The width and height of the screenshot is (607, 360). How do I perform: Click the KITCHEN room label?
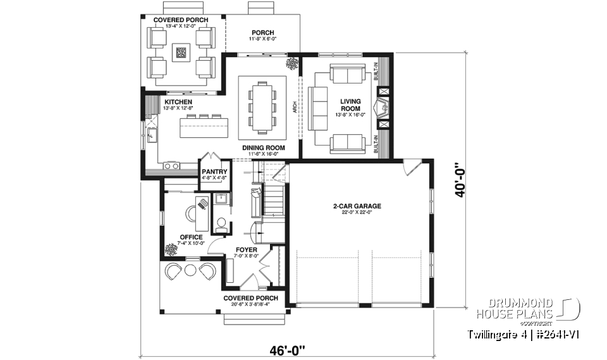(179, 102)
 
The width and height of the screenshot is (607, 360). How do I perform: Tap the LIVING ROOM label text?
(350, 105)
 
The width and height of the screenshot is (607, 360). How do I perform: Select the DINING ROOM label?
(264, 148)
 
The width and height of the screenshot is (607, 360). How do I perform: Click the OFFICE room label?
(191, 237)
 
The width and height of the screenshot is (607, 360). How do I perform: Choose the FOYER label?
(247, 250)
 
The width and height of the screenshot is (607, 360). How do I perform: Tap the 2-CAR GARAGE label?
(358, 206)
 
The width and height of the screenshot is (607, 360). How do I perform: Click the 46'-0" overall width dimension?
(286, 349)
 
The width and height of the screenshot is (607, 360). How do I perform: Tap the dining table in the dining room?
(263, 108)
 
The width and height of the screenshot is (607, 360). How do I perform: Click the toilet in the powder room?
(221, 223)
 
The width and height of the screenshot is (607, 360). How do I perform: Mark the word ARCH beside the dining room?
(295, 109)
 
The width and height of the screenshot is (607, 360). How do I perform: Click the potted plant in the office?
(170, 249)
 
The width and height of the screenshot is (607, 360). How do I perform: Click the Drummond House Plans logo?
(527, 309)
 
